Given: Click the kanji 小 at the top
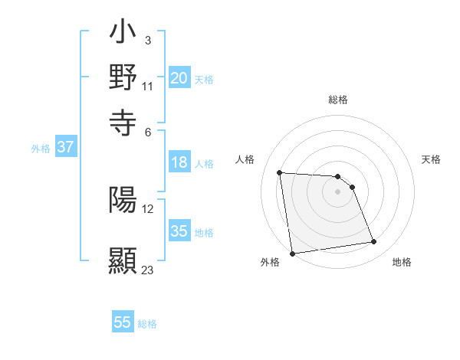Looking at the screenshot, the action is tap(123, 34).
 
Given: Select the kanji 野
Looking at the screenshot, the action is tap(123, 77).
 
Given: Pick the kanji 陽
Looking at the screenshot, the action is tap(123, 199).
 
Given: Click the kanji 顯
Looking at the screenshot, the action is tap(123, 259).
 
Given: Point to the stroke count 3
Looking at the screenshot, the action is tap(147, 40).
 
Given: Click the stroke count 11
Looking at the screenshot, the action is tap(148, 85).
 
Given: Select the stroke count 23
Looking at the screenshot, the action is tap(148, 270).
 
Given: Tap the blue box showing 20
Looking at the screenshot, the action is tap(179, 77).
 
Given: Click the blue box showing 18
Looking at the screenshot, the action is tap(179, 162).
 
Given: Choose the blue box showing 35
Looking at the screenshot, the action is tap(179, 231).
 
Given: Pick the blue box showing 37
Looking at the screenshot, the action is tap(65, 147).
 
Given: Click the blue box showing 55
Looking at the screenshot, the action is tap(123, 322).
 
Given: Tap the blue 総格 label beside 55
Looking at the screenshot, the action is tap(147, 324).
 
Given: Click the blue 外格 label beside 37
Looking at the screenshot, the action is tap(40, 149).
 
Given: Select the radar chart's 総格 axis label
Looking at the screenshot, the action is tap(337, 100).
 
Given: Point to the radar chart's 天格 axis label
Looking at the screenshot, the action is tap(431, 159).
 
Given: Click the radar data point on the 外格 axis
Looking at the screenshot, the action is tap(292, 254).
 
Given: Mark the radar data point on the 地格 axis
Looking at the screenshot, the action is tap(374, 242).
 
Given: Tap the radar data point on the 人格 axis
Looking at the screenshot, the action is tap(280, 172).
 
